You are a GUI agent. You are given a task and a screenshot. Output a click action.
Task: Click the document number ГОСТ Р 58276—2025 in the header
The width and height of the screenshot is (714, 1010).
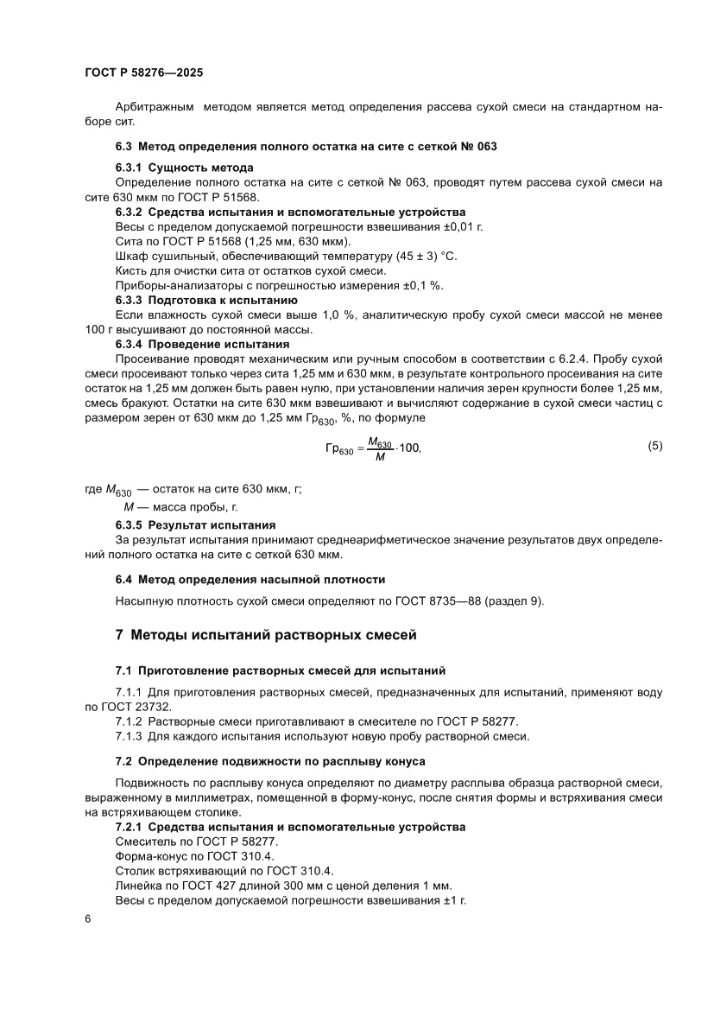click(x=143, y=74)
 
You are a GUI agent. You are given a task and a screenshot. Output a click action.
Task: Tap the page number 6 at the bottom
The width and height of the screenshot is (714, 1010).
click(x=88, y=919)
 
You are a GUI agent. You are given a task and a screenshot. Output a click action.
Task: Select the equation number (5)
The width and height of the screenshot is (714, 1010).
click(x=655, y=446)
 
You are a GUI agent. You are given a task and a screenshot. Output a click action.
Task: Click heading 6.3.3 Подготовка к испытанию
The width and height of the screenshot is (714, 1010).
click(x=200, y=300)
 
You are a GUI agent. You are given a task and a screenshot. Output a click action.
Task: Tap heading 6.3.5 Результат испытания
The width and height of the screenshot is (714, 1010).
click(x=195, y=524)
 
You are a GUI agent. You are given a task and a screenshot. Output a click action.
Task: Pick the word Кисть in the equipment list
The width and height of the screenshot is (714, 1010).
click(x=130, y=271)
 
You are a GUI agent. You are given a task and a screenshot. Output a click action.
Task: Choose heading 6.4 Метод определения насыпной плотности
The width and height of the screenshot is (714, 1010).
click(x=250, y=579)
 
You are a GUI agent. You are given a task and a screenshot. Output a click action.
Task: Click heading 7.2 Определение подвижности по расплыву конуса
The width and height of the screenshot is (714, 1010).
click(x=270, y=760)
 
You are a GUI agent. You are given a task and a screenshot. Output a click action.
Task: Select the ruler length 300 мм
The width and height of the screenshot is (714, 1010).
click(x=302, y=886)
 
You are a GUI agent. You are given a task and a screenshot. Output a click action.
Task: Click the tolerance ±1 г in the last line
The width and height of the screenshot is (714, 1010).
click(x=451, y=900)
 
